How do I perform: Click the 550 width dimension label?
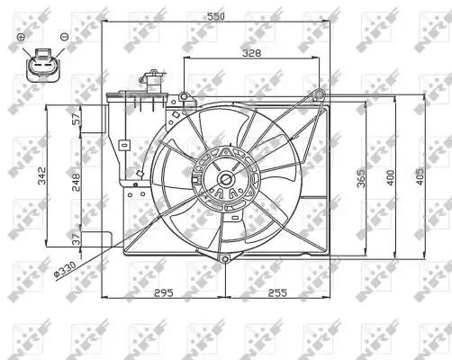pyautogui.click(x=216, y=16)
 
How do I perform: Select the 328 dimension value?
pyautogui.click(x=251, y=53)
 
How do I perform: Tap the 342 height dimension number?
pyautogui.click(x=42, y=175)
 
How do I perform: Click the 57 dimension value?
pyautogui.click(x=77, y=119)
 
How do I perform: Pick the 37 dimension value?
pyautogui.click(x=77, y=239)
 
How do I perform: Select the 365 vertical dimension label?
pyautogui.click(x=361, y=178)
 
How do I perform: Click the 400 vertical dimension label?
pyautogui.click(x=390, y=177)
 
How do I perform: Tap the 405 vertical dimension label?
pyautogui.click(x=420, y=176)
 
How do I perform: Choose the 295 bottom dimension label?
pyautogui.click(x=164, y=292)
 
